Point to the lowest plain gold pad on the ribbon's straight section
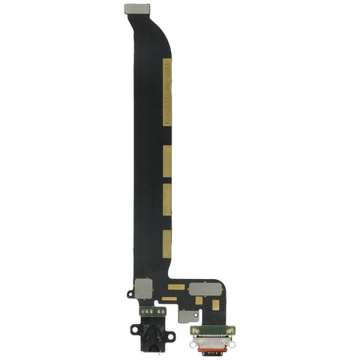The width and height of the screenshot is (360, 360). click(x=167, y=241)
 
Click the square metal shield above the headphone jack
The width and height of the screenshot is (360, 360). click(x=142, y=287)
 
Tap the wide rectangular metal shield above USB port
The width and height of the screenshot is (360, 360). click(x=203, y=288)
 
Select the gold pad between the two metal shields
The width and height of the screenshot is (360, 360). click(x=176, y=286)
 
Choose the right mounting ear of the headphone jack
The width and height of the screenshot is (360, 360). click(x=171, y=335)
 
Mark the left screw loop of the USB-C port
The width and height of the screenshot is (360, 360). click(x=194, y=330)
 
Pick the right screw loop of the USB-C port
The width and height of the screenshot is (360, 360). click(x=233, y=330)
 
